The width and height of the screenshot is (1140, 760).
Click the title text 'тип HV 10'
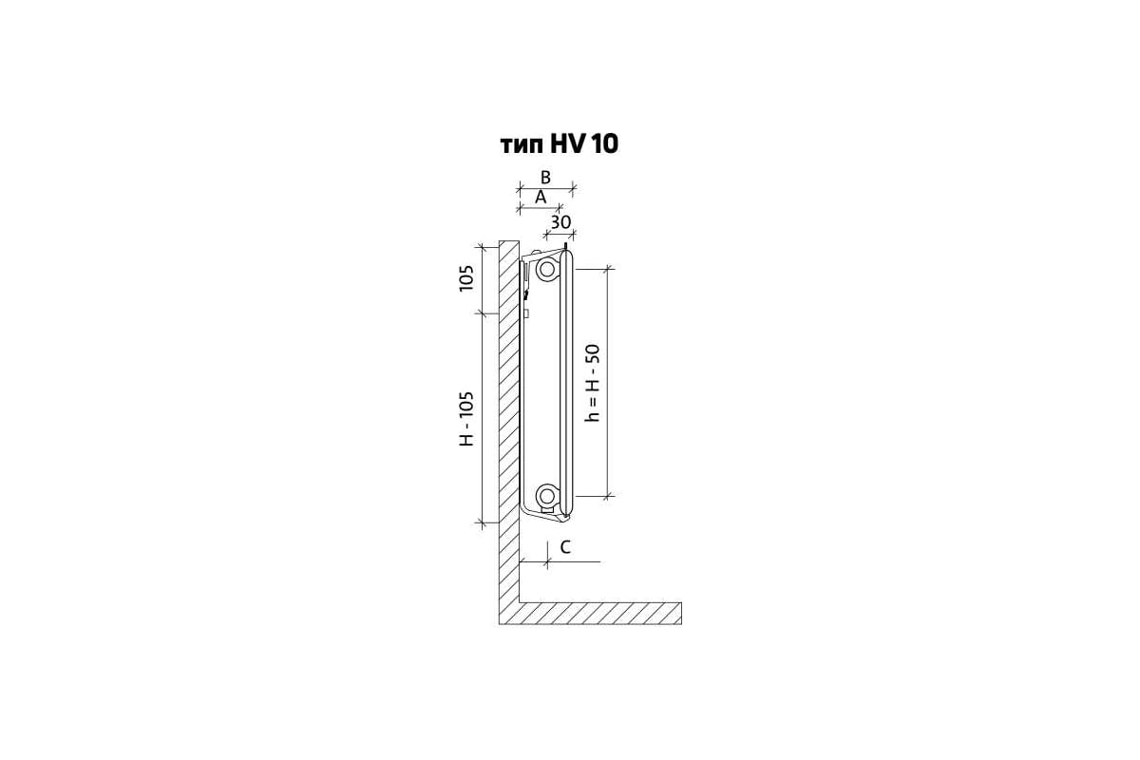[x=560, y=144]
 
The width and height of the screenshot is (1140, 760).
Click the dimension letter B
[x=545, y=178]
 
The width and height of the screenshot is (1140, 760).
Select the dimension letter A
[x=541, y=198]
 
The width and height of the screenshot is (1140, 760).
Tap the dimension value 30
[x=560, y=222]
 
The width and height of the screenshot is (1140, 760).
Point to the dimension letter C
[x=565, y=547]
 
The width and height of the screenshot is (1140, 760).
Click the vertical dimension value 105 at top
[x=466, y=278]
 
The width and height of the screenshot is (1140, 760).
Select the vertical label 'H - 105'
[x=466, y=418]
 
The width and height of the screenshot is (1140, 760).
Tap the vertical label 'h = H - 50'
[x=593, y=383]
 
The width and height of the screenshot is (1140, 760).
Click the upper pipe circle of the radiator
[x=547, y=268]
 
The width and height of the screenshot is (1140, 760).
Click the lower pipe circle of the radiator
[x=547, y=494]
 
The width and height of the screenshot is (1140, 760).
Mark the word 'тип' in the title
[x=522, y=146]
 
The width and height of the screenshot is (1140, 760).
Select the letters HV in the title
[x=567, y=144]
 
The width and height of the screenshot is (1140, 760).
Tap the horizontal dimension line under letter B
[x=546, y=189]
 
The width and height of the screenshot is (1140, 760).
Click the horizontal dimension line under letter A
[x=540, y=208]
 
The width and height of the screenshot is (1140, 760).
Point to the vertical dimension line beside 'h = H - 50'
[x=608, y=382]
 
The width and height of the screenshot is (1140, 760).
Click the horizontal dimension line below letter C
[x=560, y=562]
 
